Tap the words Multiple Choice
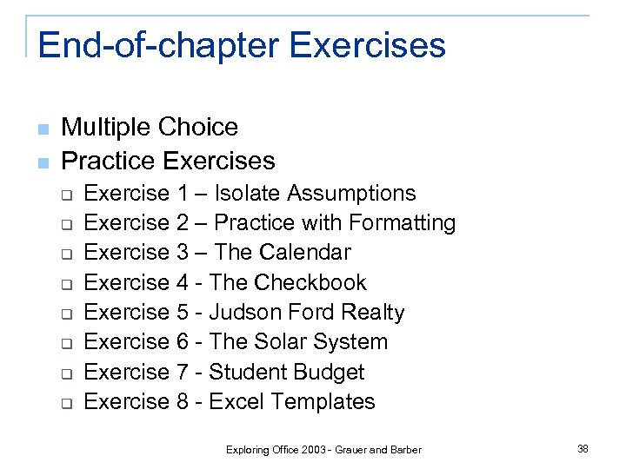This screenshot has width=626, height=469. pos(150,127)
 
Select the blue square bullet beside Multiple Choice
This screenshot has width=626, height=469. pos(43,129)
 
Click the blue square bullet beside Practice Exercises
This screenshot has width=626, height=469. pos(43,162)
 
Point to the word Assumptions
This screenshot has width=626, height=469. pos(351,193)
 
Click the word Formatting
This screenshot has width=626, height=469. pos(401,223)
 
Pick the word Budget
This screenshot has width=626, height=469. pos(330,372)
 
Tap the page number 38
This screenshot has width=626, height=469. pos(583,448)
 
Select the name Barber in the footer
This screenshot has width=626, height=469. pos(405,450)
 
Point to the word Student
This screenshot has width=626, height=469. pos(246,372)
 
